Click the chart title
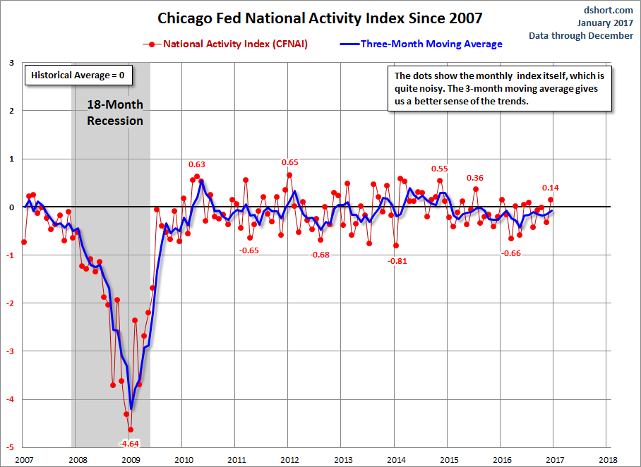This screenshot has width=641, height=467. tap(320, 18)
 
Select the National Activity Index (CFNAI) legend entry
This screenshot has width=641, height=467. tap(225, 44)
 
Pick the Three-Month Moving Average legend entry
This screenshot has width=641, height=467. tap(421, 44)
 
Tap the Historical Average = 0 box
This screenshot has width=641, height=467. tap(78, 75)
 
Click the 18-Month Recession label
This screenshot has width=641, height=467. tap(115, 113)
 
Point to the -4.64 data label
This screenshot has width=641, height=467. tap(128, 444)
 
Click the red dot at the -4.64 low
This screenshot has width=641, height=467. tap(131, 430)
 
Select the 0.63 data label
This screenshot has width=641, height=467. tap(197, 164)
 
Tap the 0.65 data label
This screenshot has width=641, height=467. tap(290, 162)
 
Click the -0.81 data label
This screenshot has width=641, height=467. tap(397, 261)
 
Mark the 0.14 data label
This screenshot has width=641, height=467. tap(550, 188)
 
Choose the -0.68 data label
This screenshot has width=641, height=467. tap(319, 255)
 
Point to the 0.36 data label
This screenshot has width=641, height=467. tap(474, 178)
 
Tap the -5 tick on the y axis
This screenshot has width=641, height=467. tap(11, 447)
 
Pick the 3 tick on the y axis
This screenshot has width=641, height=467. tap(12, 63)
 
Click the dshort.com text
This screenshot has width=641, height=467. tap(609, 10)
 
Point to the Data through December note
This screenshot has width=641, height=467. tap(581, 35)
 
